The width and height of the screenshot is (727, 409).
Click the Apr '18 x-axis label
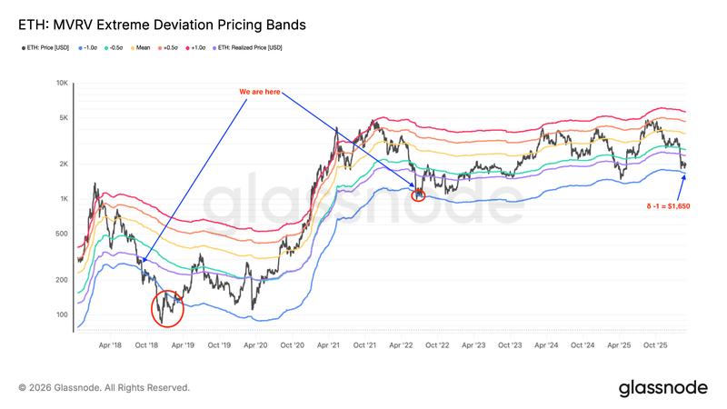(x=111, y=345)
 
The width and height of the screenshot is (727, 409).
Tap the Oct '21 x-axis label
(x=364, y=345)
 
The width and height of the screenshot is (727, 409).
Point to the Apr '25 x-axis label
(x=619, y=345)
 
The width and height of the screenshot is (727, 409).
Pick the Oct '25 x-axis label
(x=655, y=345)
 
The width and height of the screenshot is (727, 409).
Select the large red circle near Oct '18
(x=167, y=307)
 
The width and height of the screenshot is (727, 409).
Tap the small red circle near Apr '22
(x=418, y=194)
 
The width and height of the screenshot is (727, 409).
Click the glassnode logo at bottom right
(x=663, y=388)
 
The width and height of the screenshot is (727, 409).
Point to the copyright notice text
(x=105, y=388)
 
